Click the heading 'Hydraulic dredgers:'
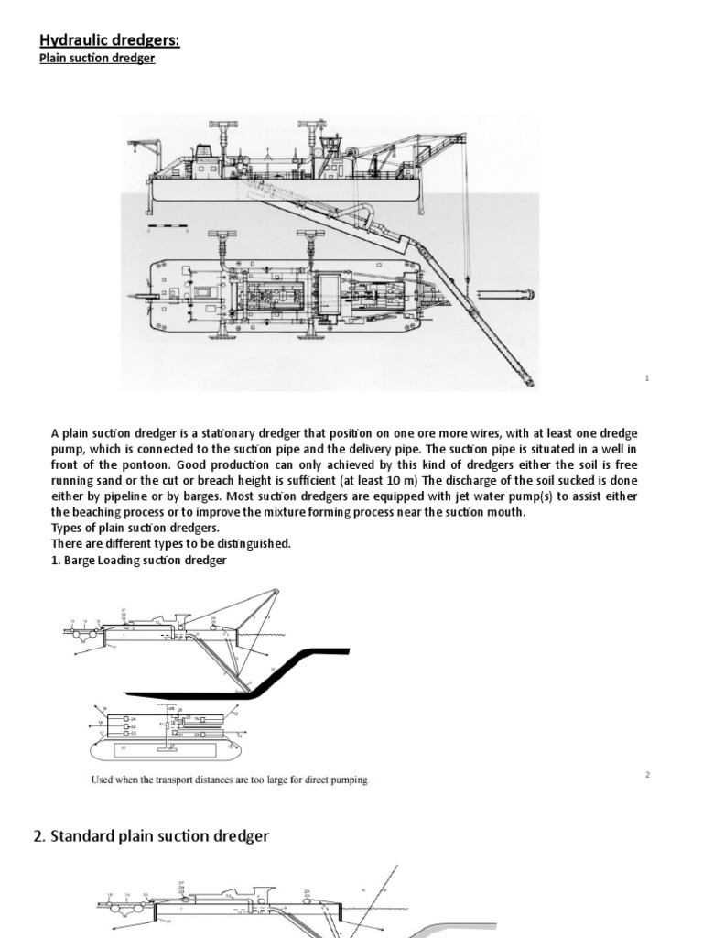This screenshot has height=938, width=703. click(110, 40)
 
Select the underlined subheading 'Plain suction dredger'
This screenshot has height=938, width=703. click(97, 59)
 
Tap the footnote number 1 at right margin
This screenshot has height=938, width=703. click(646, 377)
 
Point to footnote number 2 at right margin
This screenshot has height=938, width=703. click(646, 775)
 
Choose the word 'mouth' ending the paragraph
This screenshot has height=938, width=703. click(507, 511)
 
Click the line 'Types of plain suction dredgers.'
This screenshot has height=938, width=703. click(135, 528)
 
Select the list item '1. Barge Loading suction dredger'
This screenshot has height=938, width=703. click(138, 560)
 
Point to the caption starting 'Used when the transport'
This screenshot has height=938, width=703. click(229, 780)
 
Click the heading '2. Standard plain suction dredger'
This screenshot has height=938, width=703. click(151, 836)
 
